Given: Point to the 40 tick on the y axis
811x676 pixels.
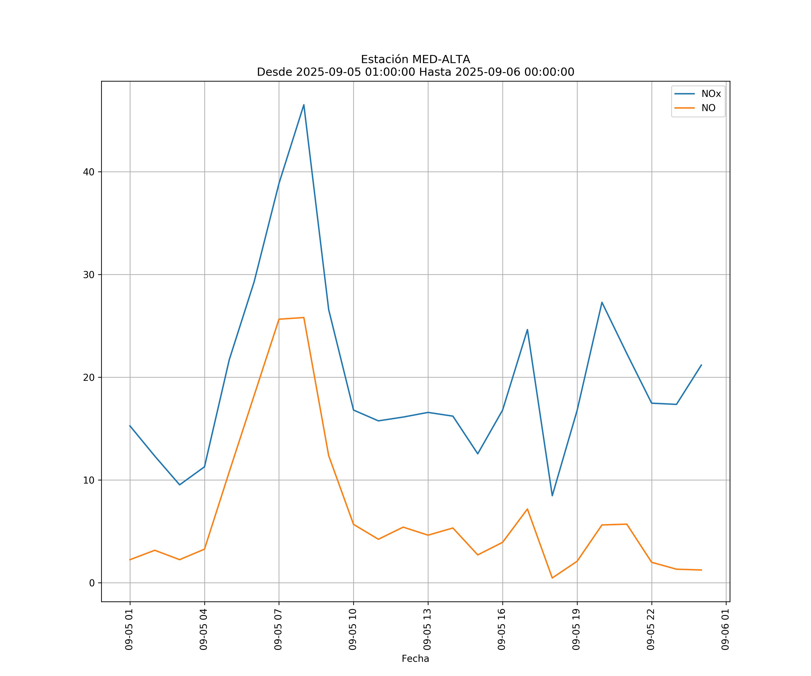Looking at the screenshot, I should pos(89,172).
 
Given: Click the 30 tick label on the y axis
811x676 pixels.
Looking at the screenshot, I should pos(89,275).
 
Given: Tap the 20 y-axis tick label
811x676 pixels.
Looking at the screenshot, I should pos(89,377).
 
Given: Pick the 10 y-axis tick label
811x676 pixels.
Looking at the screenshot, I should pos(89,480).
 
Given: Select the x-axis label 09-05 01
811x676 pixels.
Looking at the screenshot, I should pos(129,629).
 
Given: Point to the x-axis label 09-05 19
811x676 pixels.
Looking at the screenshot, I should pos(576,629).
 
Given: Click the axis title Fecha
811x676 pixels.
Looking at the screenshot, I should pos(415,659).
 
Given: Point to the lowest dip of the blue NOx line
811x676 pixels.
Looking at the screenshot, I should pos(552,496).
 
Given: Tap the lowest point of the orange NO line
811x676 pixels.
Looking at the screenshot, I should pos(552,578).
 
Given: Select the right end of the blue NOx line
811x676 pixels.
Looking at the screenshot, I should pos(701,365).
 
